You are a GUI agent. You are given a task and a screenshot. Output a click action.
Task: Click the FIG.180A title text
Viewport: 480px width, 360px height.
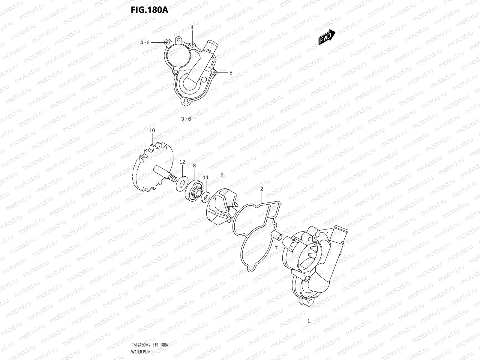(x=149, y=10)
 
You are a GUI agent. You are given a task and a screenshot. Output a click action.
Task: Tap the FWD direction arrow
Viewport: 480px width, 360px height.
(x=326, y=37)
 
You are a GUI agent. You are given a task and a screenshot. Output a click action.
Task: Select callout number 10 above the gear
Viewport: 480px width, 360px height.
(x=152, y=130)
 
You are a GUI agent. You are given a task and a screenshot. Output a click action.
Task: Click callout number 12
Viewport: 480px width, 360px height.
(x=182, y=162)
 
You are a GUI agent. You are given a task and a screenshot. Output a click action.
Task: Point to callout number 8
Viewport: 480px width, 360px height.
(x=194, y=166)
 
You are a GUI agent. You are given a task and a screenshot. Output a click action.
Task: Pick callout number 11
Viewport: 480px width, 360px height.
(x=206, y=178)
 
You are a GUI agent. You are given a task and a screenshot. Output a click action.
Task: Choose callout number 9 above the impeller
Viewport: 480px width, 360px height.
(x=222, y=174)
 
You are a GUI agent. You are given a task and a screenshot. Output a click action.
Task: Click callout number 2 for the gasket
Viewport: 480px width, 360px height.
(x=262, y=189)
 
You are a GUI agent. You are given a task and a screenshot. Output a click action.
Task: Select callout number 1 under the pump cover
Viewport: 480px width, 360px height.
(x=309, y=321)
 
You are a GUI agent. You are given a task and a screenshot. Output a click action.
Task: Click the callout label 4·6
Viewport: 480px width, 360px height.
(x=145, y=43)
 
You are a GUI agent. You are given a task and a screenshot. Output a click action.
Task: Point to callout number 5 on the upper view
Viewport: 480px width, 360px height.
(x=231, y=73)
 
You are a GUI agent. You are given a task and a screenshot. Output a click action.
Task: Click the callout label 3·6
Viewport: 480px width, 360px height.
(x=186, y=119)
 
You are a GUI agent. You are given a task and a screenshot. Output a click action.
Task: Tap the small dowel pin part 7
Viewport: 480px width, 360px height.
(x=277, y=236)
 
